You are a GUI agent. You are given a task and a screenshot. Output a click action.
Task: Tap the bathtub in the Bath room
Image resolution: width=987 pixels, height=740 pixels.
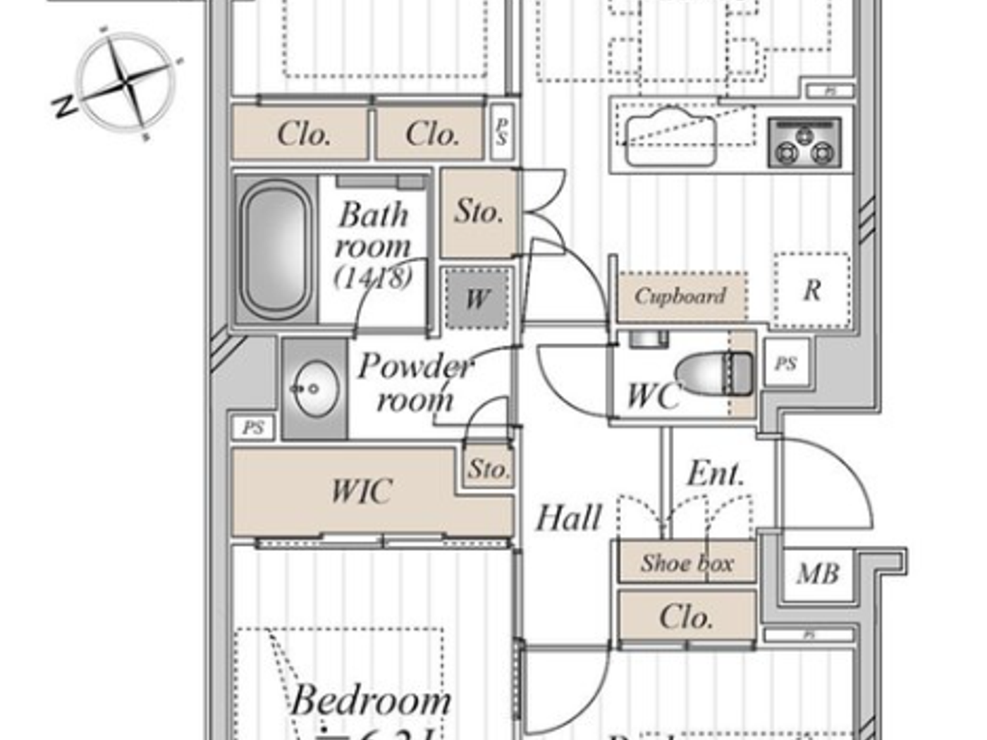[x=275, y=251]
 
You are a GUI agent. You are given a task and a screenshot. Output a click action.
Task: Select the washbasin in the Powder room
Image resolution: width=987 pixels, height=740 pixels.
[x=314, y=388]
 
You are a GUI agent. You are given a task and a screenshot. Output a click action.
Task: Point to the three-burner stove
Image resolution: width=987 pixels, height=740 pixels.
[x=804, y=143]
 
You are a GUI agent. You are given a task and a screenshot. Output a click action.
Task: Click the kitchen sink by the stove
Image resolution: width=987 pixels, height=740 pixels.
[x=670, y=137]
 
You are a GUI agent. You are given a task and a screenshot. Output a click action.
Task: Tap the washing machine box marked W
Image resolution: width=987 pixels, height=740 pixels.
[x=477, y=299]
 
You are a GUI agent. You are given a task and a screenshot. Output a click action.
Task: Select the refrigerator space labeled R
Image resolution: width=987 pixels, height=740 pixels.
[x=811, y=290]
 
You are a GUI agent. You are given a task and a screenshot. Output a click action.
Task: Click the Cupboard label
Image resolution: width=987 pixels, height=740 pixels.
[x=680, y=296]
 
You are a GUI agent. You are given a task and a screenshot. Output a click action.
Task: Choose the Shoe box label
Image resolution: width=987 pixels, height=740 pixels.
[x=687, y=563]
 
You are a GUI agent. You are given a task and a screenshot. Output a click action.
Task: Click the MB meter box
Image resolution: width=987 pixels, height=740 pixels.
[x=818, y=574]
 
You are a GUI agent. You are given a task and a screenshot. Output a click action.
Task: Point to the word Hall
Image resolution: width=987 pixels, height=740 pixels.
[x=568, y=519]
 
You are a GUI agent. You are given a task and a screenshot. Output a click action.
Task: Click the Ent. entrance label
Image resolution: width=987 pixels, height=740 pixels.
[x=715, y=474]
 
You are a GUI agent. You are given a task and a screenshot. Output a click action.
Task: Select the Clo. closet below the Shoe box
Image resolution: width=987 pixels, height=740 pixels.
[x=686, y=617]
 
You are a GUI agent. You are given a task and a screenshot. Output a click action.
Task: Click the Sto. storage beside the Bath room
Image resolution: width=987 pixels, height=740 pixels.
[x=479, y=211]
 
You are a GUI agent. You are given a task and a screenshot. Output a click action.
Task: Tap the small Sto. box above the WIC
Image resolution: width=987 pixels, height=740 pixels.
[x=489, y=469]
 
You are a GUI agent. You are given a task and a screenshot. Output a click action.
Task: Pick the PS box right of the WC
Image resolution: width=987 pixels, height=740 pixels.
[x=786, y=364]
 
